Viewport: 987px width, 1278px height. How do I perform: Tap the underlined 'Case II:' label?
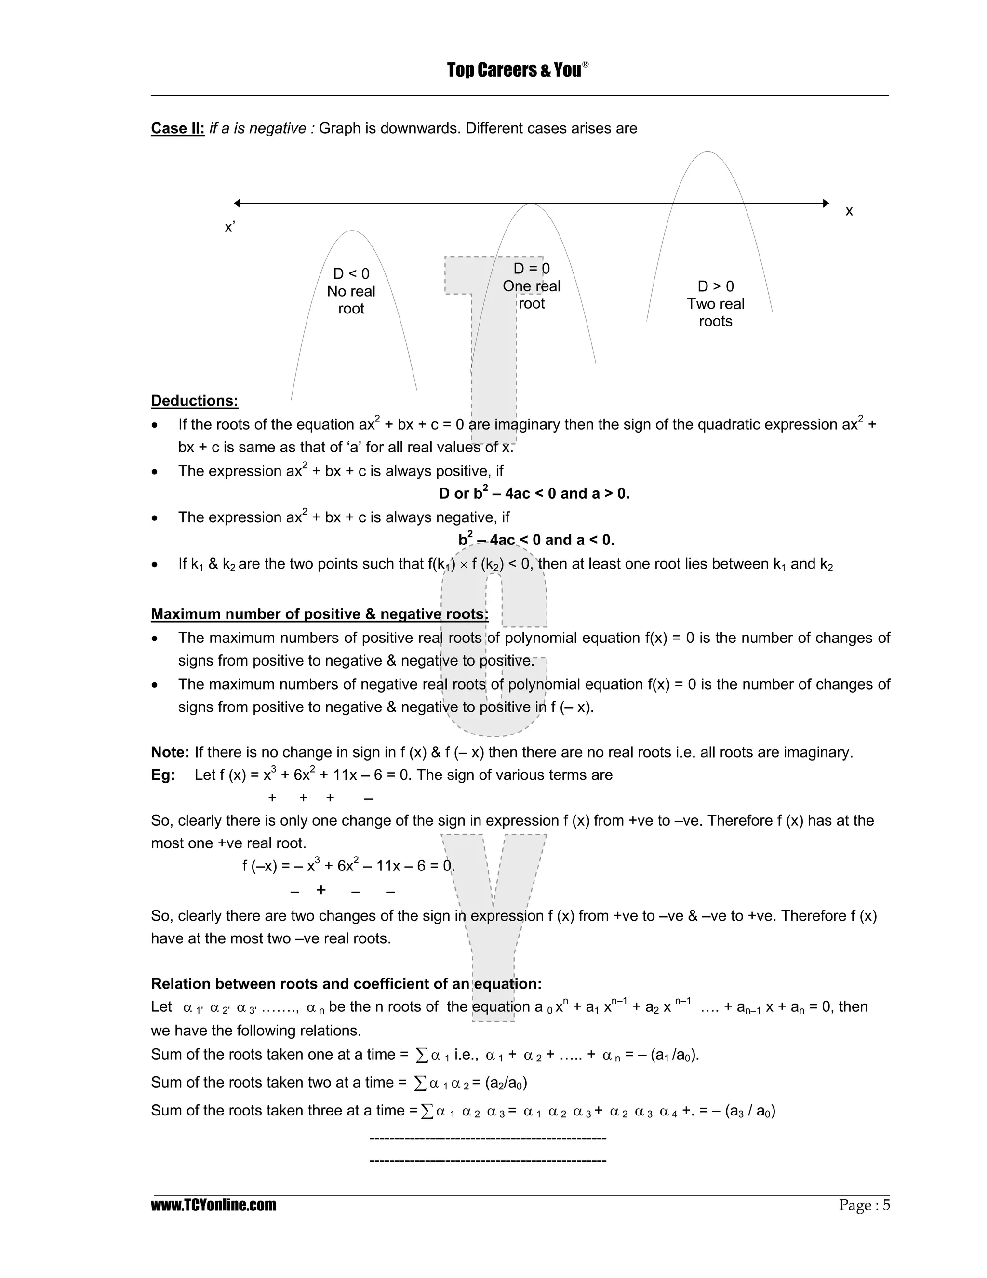[178, 128]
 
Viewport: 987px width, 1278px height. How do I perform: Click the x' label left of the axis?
[230, 227]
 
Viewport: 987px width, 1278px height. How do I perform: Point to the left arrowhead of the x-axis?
[237, 203]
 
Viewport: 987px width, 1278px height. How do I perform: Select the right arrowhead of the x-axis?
[826, 203]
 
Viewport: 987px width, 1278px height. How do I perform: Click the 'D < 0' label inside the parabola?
[351, 274]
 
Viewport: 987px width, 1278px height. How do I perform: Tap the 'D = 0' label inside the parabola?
[532, 269]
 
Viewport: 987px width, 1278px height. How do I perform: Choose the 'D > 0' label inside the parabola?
[716, 286]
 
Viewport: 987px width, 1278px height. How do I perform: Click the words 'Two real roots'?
[716, 313]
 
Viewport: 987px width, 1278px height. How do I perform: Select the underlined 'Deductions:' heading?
[195, 401]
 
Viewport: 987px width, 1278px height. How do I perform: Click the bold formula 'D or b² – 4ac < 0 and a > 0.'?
[534, 494]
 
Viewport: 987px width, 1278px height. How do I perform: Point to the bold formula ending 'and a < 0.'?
[536, 540]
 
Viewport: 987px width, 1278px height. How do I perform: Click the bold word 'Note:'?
[170, 752]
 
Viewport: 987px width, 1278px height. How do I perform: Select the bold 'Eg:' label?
[162, 775]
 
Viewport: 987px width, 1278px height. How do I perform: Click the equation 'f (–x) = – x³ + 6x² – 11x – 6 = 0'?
[348, 866]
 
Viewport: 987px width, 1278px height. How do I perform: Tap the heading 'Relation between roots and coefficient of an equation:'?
[346, 984]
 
